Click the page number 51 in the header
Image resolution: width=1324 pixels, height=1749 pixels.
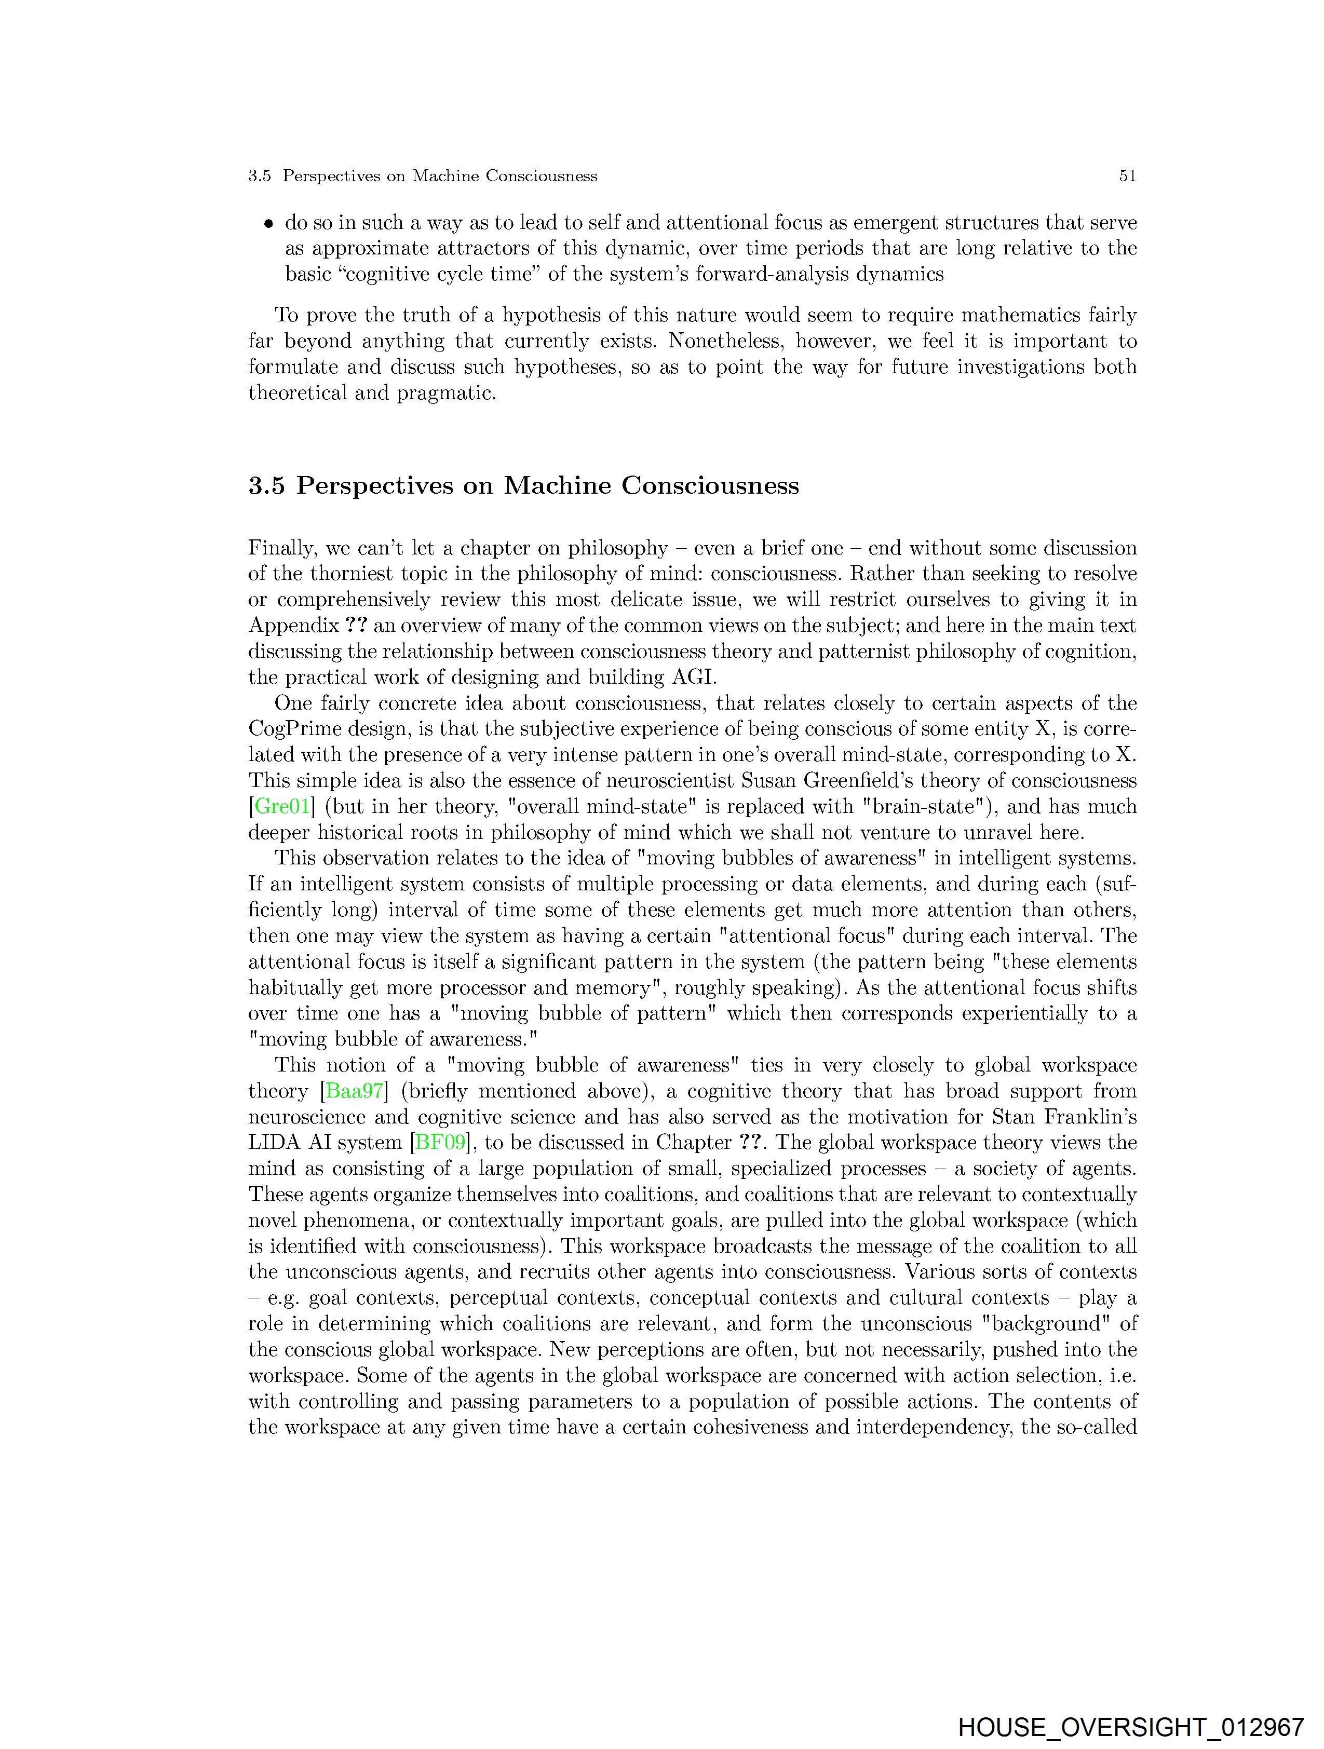[x=1127, y=177]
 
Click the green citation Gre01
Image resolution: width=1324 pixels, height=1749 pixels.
[x=281, y=807]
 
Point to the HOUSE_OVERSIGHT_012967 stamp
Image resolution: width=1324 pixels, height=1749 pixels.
[x=1130, y=1727]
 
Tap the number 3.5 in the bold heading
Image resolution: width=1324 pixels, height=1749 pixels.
[x=266, y=485]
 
